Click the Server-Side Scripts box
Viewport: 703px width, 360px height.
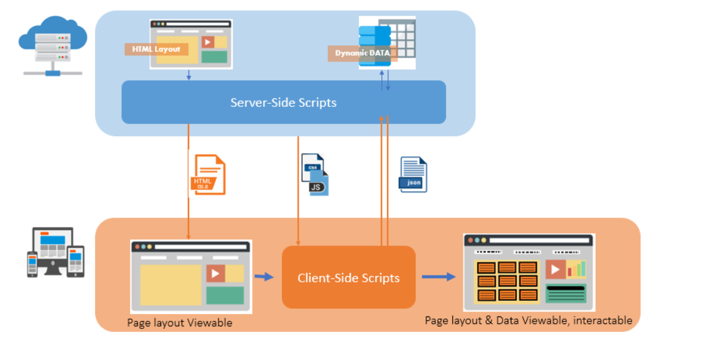[x=283, y=102]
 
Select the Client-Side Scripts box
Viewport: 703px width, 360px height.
[x=348, y=277]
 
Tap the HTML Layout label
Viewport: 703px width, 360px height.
[x=156, y=49]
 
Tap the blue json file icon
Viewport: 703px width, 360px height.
[x=413, y=174]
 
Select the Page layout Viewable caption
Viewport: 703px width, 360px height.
[x=179, y=323]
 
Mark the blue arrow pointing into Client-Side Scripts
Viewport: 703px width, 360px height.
[x=264, y=277]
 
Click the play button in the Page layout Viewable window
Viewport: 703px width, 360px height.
[x=215, y=273]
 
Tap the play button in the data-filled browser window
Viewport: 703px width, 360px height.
[x=555, y=269]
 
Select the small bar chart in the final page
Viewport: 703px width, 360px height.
[x=577, y=269]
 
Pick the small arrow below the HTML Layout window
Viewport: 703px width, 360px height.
[x=189, y=75]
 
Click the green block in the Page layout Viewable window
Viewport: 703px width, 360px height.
[x=225, y=295]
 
